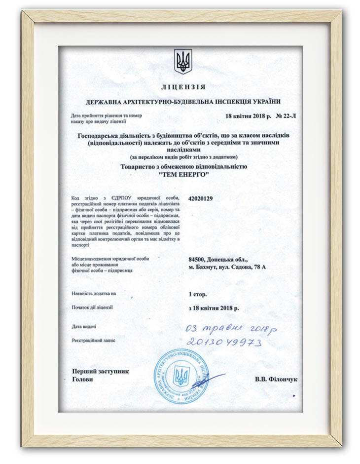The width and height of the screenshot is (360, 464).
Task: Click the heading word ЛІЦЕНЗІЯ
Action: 183,87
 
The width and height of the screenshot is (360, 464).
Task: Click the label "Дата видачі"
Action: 84,326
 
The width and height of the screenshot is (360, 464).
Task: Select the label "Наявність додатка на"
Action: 94,293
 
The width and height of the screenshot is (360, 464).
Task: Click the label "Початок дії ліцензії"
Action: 92,308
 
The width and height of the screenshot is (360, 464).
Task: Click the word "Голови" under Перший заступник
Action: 82,379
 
